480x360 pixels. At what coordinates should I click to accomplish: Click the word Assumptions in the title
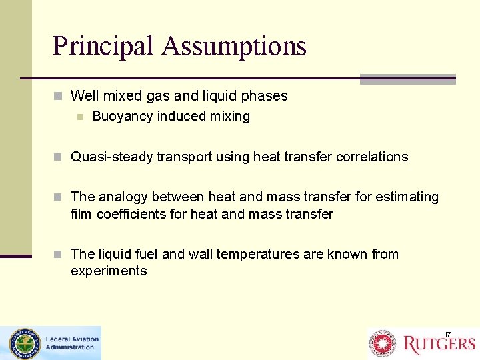234,46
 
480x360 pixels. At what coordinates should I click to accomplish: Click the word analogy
123,197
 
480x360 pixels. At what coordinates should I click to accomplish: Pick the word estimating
407,197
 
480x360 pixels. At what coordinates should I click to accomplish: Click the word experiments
109,271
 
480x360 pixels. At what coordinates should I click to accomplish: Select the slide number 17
448,334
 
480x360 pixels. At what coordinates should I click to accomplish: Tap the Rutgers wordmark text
439,344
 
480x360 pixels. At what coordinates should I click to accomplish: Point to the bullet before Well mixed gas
59,96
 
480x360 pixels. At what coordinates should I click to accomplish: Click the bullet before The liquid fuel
59,255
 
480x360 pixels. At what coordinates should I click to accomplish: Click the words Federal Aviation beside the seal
72,339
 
